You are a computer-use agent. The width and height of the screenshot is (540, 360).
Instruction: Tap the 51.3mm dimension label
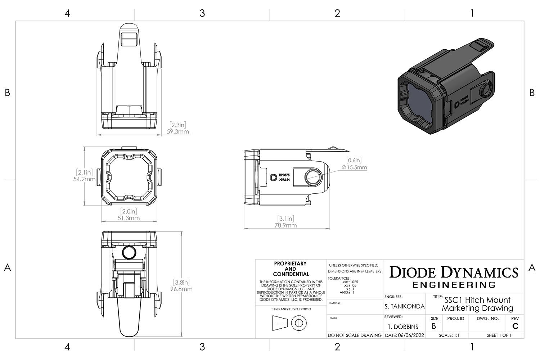(x=129, y=218)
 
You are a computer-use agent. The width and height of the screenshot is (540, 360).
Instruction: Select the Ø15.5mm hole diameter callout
(x=355, y=167)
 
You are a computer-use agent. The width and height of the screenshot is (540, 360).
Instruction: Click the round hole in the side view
(x=312, y=177)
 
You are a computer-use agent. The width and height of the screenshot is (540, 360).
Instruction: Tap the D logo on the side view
(x=273, y=177)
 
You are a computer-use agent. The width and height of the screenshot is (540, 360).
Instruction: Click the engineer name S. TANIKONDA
(x=405, y=307)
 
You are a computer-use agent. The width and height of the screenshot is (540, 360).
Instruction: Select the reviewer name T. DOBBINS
(x=403, y=327)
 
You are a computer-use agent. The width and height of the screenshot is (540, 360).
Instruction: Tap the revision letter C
(x=515, y=326)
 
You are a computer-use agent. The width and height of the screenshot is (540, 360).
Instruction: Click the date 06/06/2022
(x=405, y=335)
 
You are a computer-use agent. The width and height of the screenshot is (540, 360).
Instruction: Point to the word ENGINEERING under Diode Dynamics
(x=454, y=285)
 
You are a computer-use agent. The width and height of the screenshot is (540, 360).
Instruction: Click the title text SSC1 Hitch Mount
(x=477, y=300)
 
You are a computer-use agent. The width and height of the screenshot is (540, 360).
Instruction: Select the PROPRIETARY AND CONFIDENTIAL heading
(x=290, y=269)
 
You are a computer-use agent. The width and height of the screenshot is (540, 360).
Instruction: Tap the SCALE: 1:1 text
(x=449, y=335)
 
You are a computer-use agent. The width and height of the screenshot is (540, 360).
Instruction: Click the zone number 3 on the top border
(x=202, y=13)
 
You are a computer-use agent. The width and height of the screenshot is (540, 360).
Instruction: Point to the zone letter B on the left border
(x=7, y=93)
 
